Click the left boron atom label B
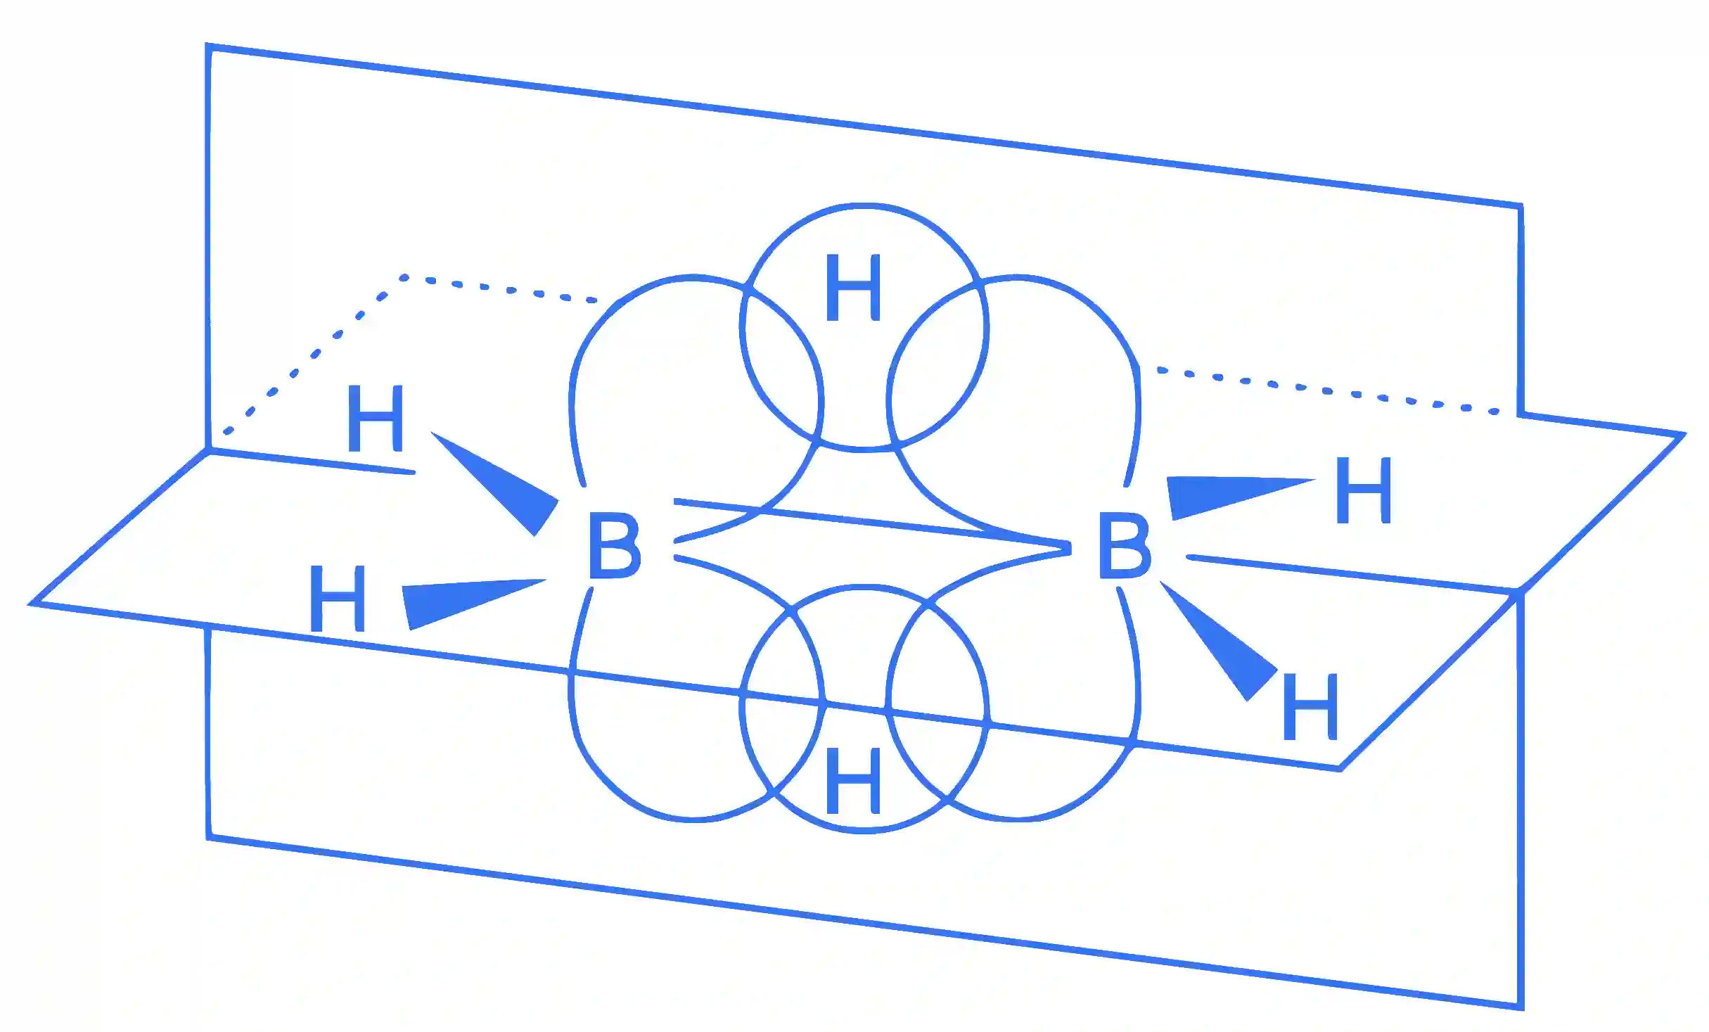click(615, 545)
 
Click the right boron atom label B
click(1125, 545)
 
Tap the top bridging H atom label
click(853, 288)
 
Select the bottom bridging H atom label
click(853, 779)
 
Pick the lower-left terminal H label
click(338, 598)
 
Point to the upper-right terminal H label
click(1364, 490)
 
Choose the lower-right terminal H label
click(1310, 706)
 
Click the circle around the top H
click(864, 205)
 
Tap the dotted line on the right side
click(1328, 390)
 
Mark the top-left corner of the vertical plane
click(208, 46)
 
